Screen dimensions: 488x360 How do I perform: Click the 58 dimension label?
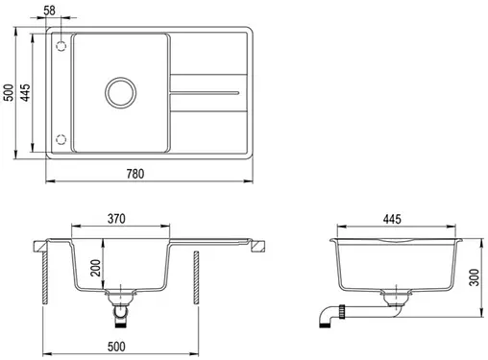click(49, 11)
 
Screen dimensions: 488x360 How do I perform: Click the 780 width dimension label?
click(135, 174)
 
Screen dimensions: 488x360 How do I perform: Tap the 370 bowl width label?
click(116, 219)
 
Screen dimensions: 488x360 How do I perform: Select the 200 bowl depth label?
click(95, 268)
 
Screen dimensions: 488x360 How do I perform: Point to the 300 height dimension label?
click(474, 277)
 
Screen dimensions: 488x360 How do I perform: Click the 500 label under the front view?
click(116, 347)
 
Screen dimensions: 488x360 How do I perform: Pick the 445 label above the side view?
click(392, 219)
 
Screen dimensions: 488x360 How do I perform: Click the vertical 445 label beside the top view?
click(25, 92)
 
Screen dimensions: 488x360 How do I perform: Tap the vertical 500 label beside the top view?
click(9, 92)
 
